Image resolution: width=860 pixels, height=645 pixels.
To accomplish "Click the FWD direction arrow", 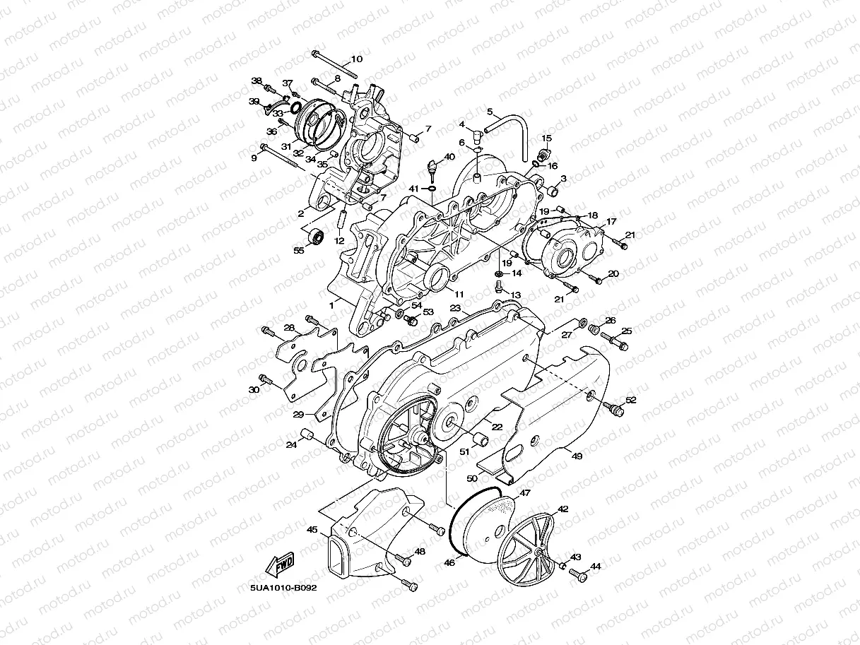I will (281, 564).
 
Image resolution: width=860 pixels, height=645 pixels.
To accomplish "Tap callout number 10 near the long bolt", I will (356, 59).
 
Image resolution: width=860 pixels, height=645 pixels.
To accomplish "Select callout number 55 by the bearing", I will (299, 250).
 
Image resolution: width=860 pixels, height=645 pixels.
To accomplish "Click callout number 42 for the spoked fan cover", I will (563, 509).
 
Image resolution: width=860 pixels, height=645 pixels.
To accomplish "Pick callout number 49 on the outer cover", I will (577, 456).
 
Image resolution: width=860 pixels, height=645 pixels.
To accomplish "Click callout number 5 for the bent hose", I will (489, 111).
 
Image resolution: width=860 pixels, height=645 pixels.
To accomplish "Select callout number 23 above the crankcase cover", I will (455, 309).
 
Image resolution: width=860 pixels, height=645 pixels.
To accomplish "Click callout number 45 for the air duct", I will (312, 528).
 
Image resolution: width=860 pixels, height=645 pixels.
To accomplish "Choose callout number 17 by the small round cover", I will (611, 221).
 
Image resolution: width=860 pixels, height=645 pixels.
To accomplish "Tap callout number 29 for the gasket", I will (298, 413).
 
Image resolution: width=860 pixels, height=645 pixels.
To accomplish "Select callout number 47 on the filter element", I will (525, 493).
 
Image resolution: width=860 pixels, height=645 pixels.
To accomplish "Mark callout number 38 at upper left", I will (257, 81).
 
